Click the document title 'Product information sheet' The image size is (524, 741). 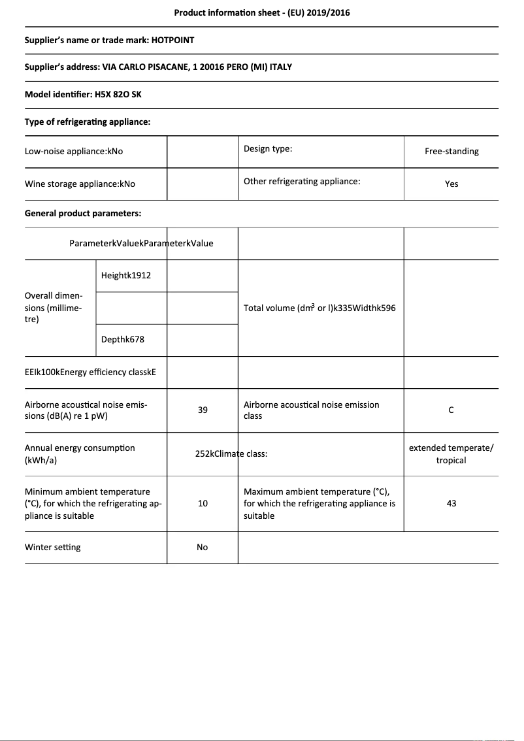261,12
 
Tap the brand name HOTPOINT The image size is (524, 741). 172,40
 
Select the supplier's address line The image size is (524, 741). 158,67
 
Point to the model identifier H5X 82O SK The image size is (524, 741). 118,95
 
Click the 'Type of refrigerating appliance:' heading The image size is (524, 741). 88,122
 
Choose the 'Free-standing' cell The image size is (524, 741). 451,152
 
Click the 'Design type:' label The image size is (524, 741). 268,149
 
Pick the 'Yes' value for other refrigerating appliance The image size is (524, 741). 451,184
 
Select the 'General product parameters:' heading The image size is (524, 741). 83,214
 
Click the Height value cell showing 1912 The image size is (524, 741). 126,276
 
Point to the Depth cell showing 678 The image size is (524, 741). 123,340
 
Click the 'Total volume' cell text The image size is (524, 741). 319,308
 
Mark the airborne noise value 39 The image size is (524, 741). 203,410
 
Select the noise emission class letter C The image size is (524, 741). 451,410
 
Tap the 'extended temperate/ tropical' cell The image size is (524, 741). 451,454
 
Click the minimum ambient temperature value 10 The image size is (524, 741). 203,504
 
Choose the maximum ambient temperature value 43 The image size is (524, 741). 451,504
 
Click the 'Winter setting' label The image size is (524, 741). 53,548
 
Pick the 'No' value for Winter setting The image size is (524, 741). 203,548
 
